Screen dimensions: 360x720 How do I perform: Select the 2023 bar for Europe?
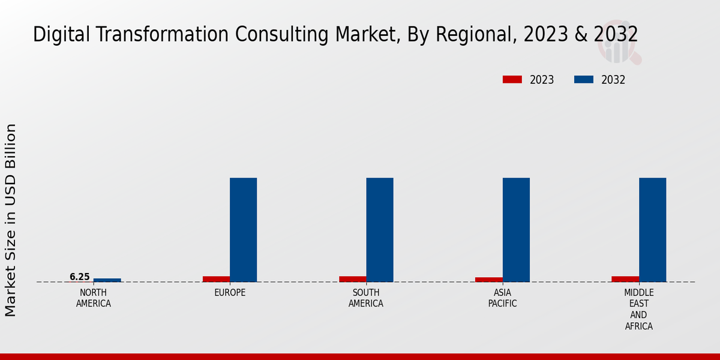pos(216,279)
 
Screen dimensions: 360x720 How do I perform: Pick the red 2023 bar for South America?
pos(352,279)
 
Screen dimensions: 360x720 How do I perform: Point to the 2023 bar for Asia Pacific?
pos(488,280)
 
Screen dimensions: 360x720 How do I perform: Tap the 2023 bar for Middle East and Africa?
pos(625,279)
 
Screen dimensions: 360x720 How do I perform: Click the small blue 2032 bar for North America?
pos(107,280)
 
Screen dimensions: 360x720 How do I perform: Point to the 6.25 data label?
pos(80,277)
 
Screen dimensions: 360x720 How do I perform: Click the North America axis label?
pos(94,298)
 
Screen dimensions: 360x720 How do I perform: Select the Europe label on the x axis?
pos(230,293)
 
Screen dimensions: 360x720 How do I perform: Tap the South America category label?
pos(366,298)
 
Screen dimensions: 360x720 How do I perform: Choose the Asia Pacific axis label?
pos(503,298)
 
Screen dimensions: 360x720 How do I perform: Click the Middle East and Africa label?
pos(638,310)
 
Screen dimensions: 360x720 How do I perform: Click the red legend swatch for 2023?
pos(512,80)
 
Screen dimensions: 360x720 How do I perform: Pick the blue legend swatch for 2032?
pos(584,80)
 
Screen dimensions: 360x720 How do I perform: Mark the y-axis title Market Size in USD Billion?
pos(11,220)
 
